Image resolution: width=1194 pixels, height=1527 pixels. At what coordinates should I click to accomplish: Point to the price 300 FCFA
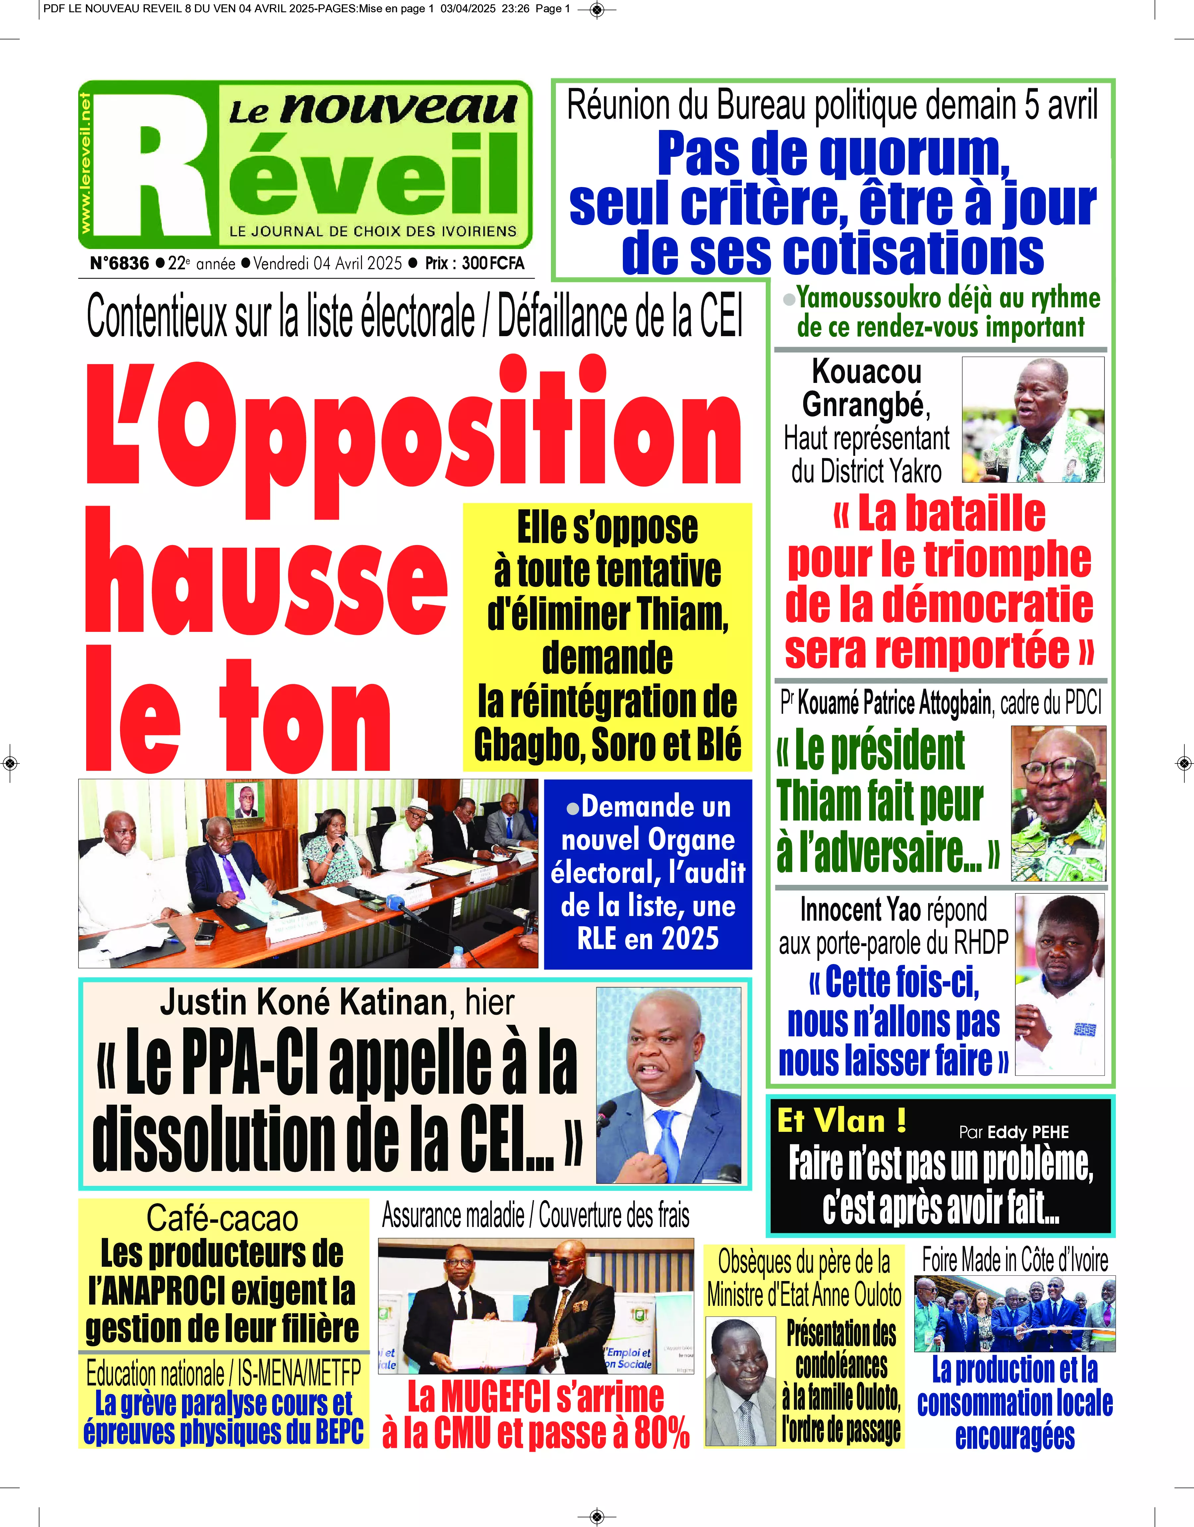[493, 264]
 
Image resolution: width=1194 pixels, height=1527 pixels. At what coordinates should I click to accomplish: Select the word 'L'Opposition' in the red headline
[412, 426]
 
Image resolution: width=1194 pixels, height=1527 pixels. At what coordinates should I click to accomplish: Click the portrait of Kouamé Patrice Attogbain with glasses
[1058, 803]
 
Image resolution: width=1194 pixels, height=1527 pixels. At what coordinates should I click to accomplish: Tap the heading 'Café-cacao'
[222, 1219]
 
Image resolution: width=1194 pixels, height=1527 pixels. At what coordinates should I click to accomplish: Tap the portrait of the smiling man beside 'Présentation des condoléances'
[740, 1381]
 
